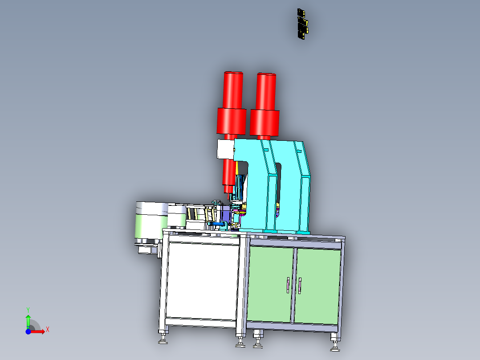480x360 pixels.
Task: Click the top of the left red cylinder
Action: (x=233, y=73)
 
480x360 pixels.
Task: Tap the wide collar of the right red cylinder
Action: (x=264, y=123)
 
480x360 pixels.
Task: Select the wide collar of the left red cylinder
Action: (x=232, y=121)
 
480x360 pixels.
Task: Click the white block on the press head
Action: (x=225, y=149)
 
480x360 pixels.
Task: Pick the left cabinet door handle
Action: (x=288, y=285)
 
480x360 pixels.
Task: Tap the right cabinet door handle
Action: (x=300, y=286)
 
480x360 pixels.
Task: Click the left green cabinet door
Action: (x=270, y=284)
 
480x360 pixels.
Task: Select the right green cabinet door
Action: (x=317, y=286)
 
